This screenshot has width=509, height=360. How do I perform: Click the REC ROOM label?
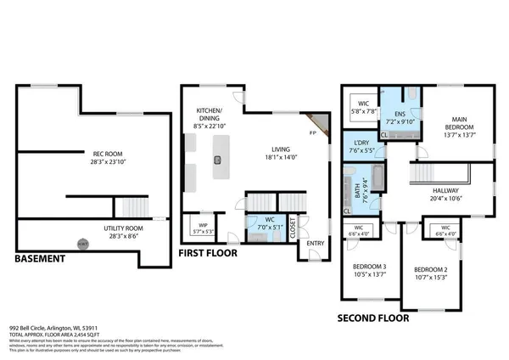coord(108,155)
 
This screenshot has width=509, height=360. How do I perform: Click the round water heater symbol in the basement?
coord(82,244)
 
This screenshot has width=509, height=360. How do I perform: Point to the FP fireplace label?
coord(312,132)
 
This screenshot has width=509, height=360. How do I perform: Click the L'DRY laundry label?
coord(357,147)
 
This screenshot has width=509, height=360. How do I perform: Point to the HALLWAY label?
coord(445,194)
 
